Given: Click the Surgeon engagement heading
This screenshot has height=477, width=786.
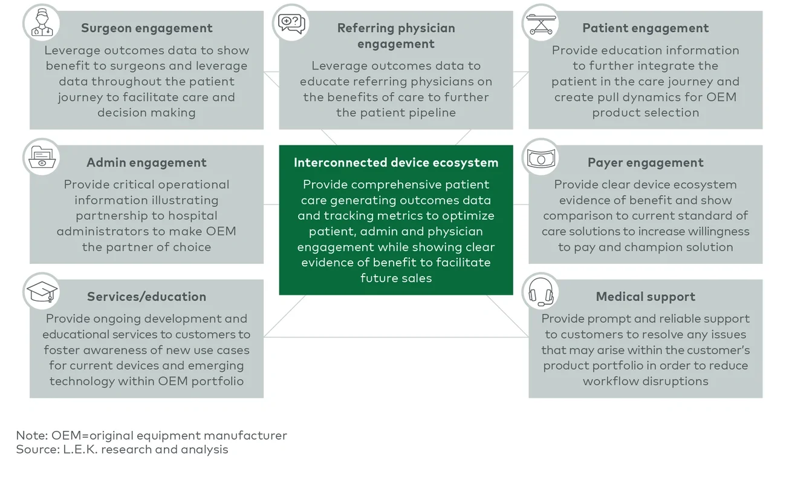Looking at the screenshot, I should [146, 28].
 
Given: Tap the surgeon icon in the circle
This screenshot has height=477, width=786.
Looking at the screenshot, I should [42, 23].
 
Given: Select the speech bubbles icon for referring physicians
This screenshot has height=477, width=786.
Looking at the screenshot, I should [291, 23].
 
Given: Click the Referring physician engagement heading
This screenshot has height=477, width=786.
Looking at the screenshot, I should [395, 36].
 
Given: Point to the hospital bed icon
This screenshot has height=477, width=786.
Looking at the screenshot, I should [541, 23].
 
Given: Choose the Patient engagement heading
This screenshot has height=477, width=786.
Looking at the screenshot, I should [645, 28].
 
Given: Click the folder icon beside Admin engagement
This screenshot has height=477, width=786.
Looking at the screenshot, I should [42, 158].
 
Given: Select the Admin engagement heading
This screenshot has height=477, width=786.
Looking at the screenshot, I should [146, 162].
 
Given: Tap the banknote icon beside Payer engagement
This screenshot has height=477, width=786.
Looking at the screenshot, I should [541, 158].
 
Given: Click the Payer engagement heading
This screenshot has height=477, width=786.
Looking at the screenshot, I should [645, 162].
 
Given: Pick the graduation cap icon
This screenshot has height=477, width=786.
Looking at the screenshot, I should [42, 292].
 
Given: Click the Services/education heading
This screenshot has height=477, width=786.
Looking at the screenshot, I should [146, 297].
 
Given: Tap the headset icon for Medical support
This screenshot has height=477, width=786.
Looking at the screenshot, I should [541, 292].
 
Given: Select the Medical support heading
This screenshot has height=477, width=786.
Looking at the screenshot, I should [645, 297].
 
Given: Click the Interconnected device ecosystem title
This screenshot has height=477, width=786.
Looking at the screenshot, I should [395, 162].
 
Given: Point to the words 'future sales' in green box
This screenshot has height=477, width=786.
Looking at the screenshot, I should [395, 278].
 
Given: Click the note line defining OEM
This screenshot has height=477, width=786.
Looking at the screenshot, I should [151, 435].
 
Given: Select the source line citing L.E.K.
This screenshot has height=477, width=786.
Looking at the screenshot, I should [122, 449].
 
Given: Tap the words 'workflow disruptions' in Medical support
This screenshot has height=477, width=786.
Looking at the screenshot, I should [645, 381].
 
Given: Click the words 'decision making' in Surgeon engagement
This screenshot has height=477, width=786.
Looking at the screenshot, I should [146, 113].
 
